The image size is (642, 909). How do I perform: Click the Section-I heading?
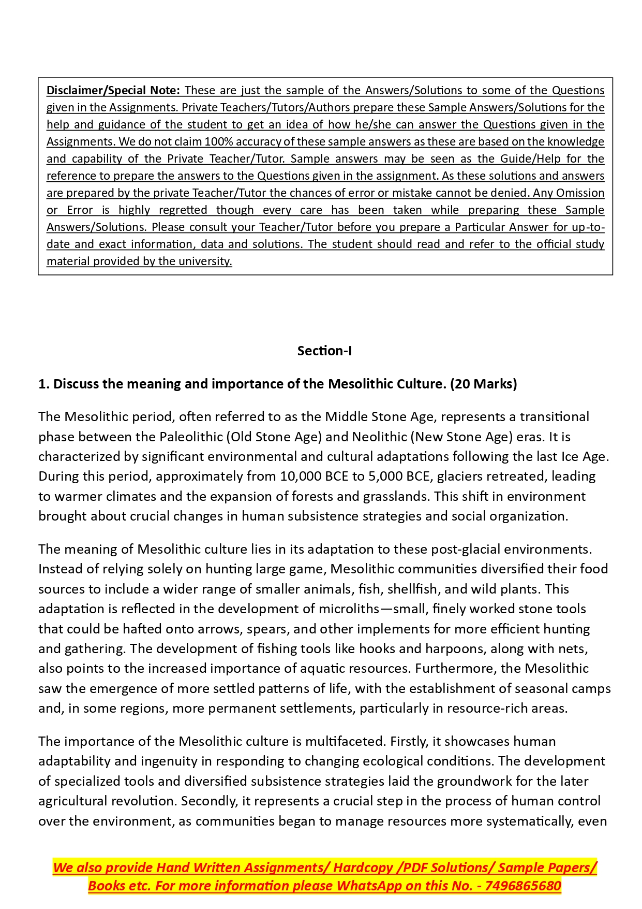[324, 351]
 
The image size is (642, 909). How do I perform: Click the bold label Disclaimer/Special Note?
[113, 90]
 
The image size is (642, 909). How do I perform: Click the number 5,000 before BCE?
[388, 476]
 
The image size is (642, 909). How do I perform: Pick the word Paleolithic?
[191, 437]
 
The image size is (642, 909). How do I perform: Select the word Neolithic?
[379, 437]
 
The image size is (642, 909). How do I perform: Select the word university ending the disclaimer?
[205, 261]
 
